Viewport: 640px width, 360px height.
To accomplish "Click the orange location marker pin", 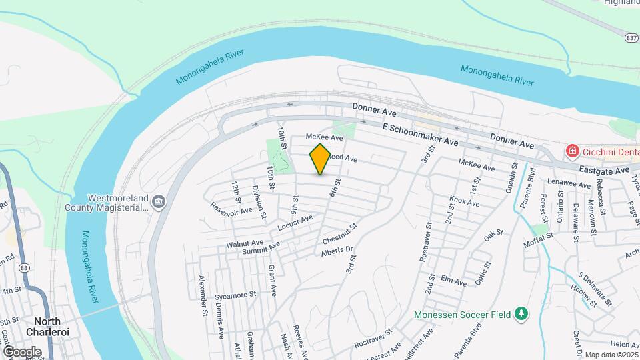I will [320, 159].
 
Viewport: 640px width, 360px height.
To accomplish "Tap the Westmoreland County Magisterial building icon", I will [159, 202].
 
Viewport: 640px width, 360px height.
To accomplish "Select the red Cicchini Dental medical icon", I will [571, 152].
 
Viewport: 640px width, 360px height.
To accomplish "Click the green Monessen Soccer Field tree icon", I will [522, 314].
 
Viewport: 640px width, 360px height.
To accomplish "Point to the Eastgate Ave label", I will [605, 171].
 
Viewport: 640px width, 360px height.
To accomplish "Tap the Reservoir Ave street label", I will [231, 209].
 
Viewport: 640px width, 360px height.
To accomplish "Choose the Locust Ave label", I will [295, 223].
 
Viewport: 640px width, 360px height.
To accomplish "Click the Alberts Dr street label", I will [336, 251].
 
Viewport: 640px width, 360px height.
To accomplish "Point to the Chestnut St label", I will [340, 234].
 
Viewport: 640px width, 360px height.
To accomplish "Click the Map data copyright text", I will [611, 354].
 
